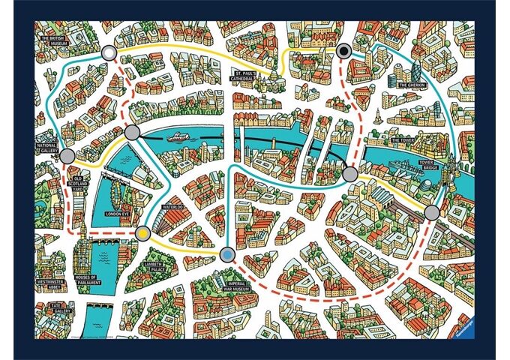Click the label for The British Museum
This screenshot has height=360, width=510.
pos(54,41)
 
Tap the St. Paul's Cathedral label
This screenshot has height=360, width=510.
pos(245,75)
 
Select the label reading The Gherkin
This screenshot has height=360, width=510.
pos(412,85)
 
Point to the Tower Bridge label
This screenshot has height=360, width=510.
pos(429,163)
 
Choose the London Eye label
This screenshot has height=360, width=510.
pos(118,214)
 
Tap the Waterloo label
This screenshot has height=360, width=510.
pos(173,205)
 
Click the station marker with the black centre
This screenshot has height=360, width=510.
pos(344,51)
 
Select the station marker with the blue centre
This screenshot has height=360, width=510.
pos(229,255)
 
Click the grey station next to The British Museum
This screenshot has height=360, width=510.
pos(109,52)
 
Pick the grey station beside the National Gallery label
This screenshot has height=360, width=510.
pos(67,157)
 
